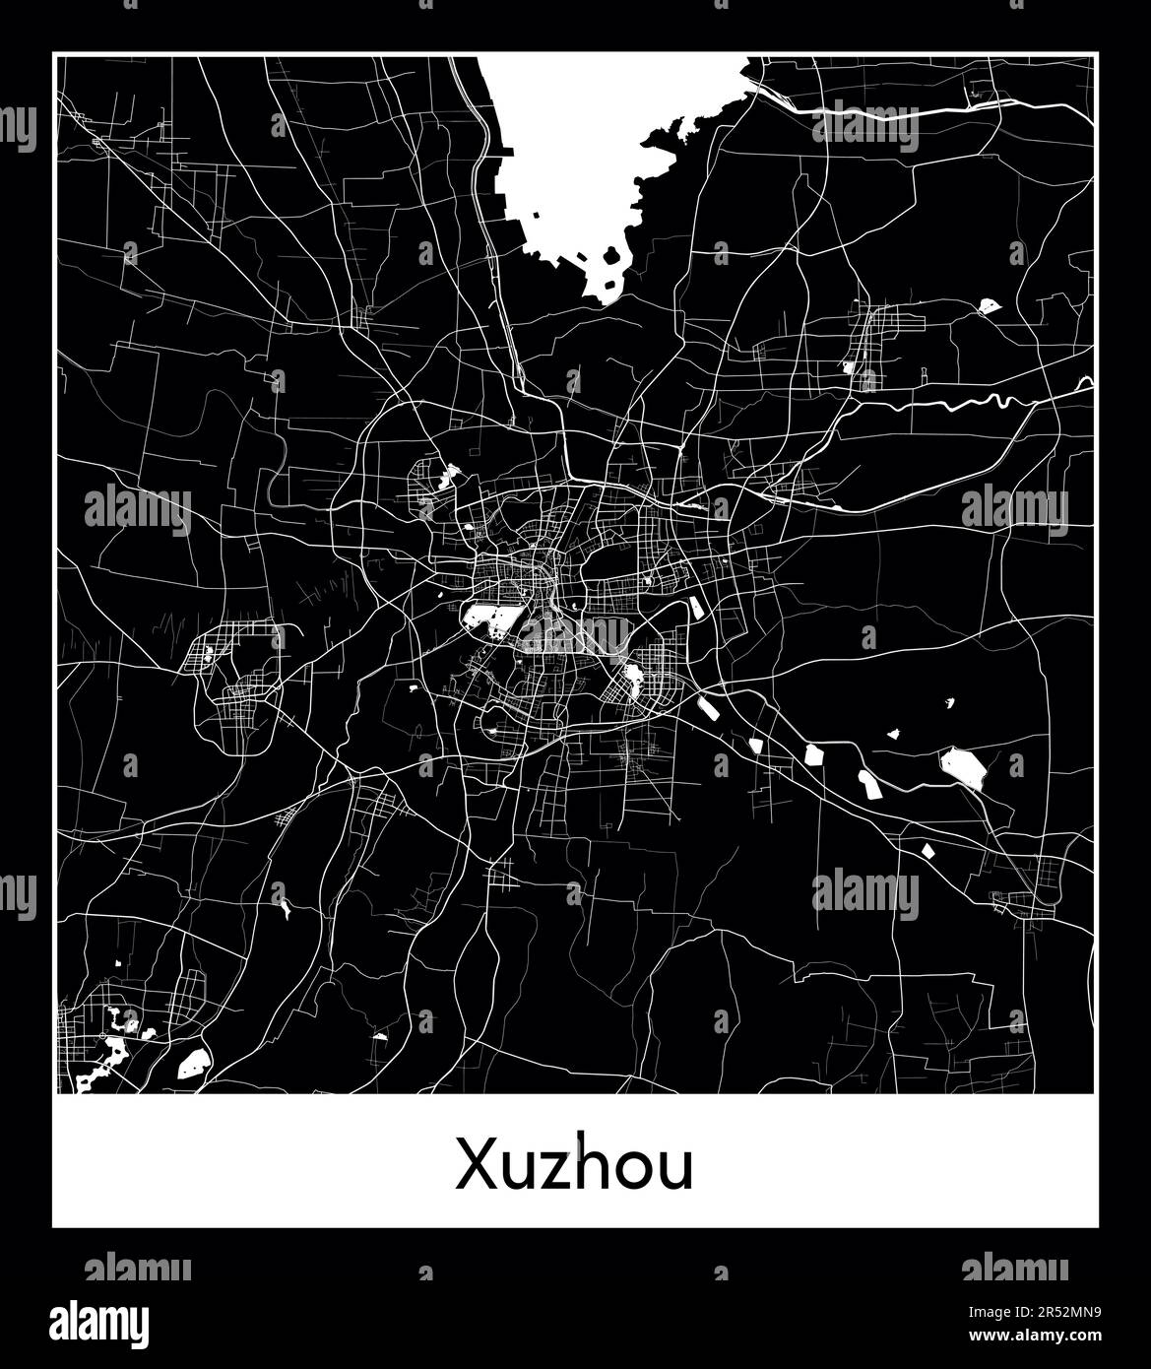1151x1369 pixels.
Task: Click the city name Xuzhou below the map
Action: [x=574, y=1166]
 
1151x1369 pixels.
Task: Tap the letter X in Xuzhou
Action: [x=474, y=1166]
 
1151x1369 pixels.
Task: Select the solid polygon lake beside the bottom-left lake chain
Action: [x=193, y=1062]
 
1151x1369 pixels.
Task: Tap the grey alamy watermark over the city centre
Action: [x=576, y=633]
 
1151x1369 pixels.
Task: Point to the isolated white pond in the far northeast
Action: [x=989, y=306]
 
